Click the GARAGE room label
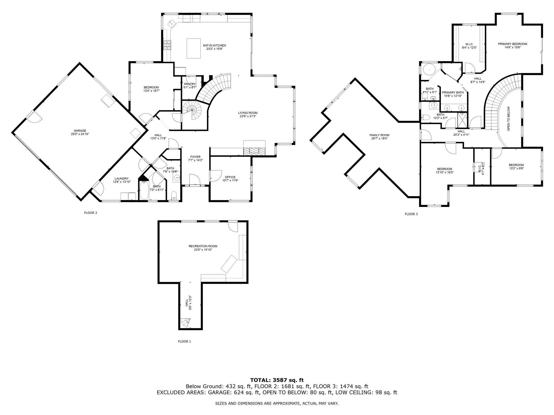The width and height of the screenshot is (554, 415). pos(80,131)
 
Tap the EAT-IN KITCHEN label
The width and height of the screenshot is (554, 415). pos(214,45)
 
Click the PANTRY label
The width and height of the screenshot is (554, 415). pos(190,84)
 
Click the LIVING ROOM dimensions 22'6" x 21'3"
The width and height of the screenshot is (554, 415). pos(248,116)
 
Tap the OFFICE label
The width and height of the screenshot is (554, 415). pos(230,177)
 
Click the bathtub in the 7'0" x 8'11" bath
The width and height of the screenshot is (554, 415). pos(144,190)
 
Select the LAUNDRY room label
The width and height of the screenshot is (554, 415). pos(121,178)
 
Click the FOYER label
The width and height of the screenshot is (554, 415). pos(195,157)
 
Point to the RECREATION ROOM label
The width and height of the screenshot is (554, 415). pos(203,246)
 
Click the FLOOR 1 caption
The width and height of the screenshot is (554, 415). pos(184,341)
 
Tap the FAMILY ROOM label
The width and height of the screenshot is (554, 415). pos(379,135)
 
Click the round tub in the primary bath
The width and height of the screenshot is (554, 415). pos(429,70)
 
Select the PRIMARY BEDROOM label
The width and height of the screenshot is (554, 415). pos(512,44)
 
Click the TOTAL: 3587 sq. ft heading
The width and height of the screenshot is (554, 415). pos(277,380)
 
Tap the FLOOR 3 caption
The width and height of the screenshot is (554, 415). pos(411,214)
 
